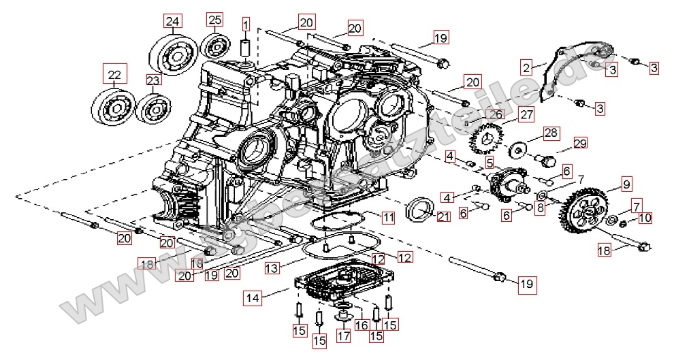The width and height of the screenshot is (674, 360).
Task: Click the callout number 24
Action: pos(173,22)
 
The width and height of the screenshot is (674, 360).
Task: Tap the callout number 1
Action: pos(245,27)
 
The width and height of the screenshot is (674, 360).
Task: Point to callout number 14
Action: pos(253,297)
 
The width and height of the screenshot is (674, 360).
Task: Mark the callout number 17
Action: pos(342,335)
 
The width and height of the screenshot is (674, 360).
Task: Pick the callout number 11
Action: pos(387,218)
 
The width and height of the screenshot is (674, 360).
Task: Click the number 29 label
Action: pos(579,143)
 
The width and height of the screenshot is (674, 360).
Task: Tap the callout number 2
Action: pos(526,67)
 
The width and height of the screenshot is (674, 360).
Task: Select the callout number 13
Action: pos(272,269)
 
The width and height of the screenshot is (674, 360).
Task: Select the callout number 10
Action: pos(645,218)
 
